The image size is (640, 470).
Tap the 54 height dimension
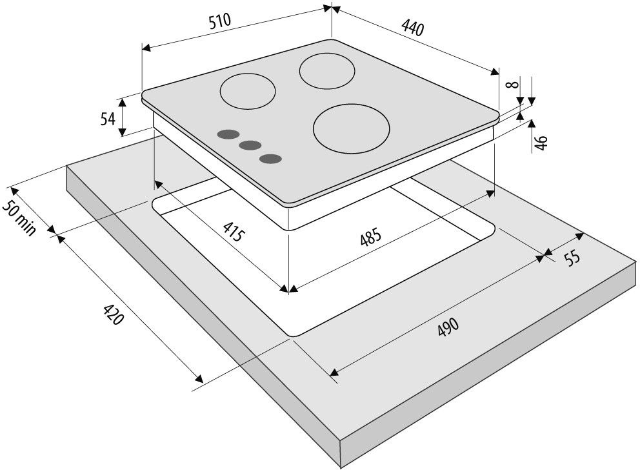click(108, 118)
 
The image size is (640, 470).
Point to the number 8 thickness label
click(510, 85)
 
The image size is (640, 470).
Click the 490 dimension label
click(447, 327)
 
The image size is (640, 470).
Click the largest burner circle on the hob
click(352, 128)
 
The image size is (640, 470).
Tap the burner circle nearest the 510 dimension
click(247, 91)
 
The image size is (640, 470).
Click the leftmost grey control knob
click(227, 134)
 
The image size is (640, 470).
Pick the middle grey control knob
click(250, 146)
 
